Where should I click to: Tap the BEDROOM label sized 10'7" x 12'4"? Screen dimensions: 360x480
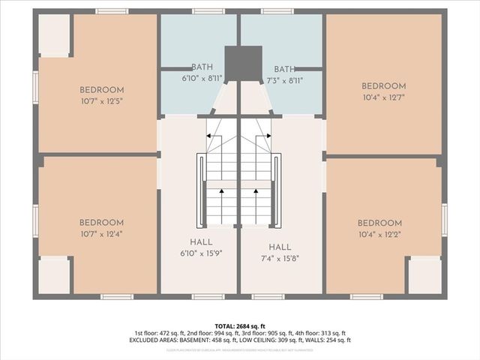102,223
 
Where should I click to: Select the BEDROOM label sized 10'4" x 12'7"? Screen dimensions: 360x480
383,86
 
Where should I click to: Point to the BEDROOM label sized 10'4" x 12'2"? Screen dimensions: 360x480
379,223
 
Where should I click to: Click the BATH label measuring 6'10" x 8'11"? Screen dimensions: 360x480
202,67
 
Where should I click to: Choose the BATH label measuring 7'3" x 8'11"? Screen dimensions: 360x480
285,68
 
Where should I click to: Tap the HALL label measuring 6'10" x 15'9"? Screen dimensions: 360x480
201,242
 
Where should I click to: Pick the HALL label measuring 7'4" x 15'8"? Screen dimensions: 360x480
280,247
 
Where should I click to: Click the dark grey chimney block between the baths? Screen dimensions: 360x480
243,63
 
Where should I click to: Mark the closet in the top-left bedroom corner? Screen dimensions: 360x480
54,34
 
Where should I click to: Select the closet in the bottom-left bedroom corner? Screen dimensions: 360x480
53,275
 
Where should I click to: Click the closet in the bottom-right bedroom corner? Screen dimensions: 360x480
424,275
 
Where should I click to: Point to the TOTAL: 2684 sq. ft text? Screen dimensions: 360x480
240,326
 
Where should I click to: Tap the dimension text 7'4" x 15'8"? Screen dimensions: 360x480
280,259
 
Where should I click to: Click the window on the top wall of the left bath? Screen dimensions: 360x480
208,11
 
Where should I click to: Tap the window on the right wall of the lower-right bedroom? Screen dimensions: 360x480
444,219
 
